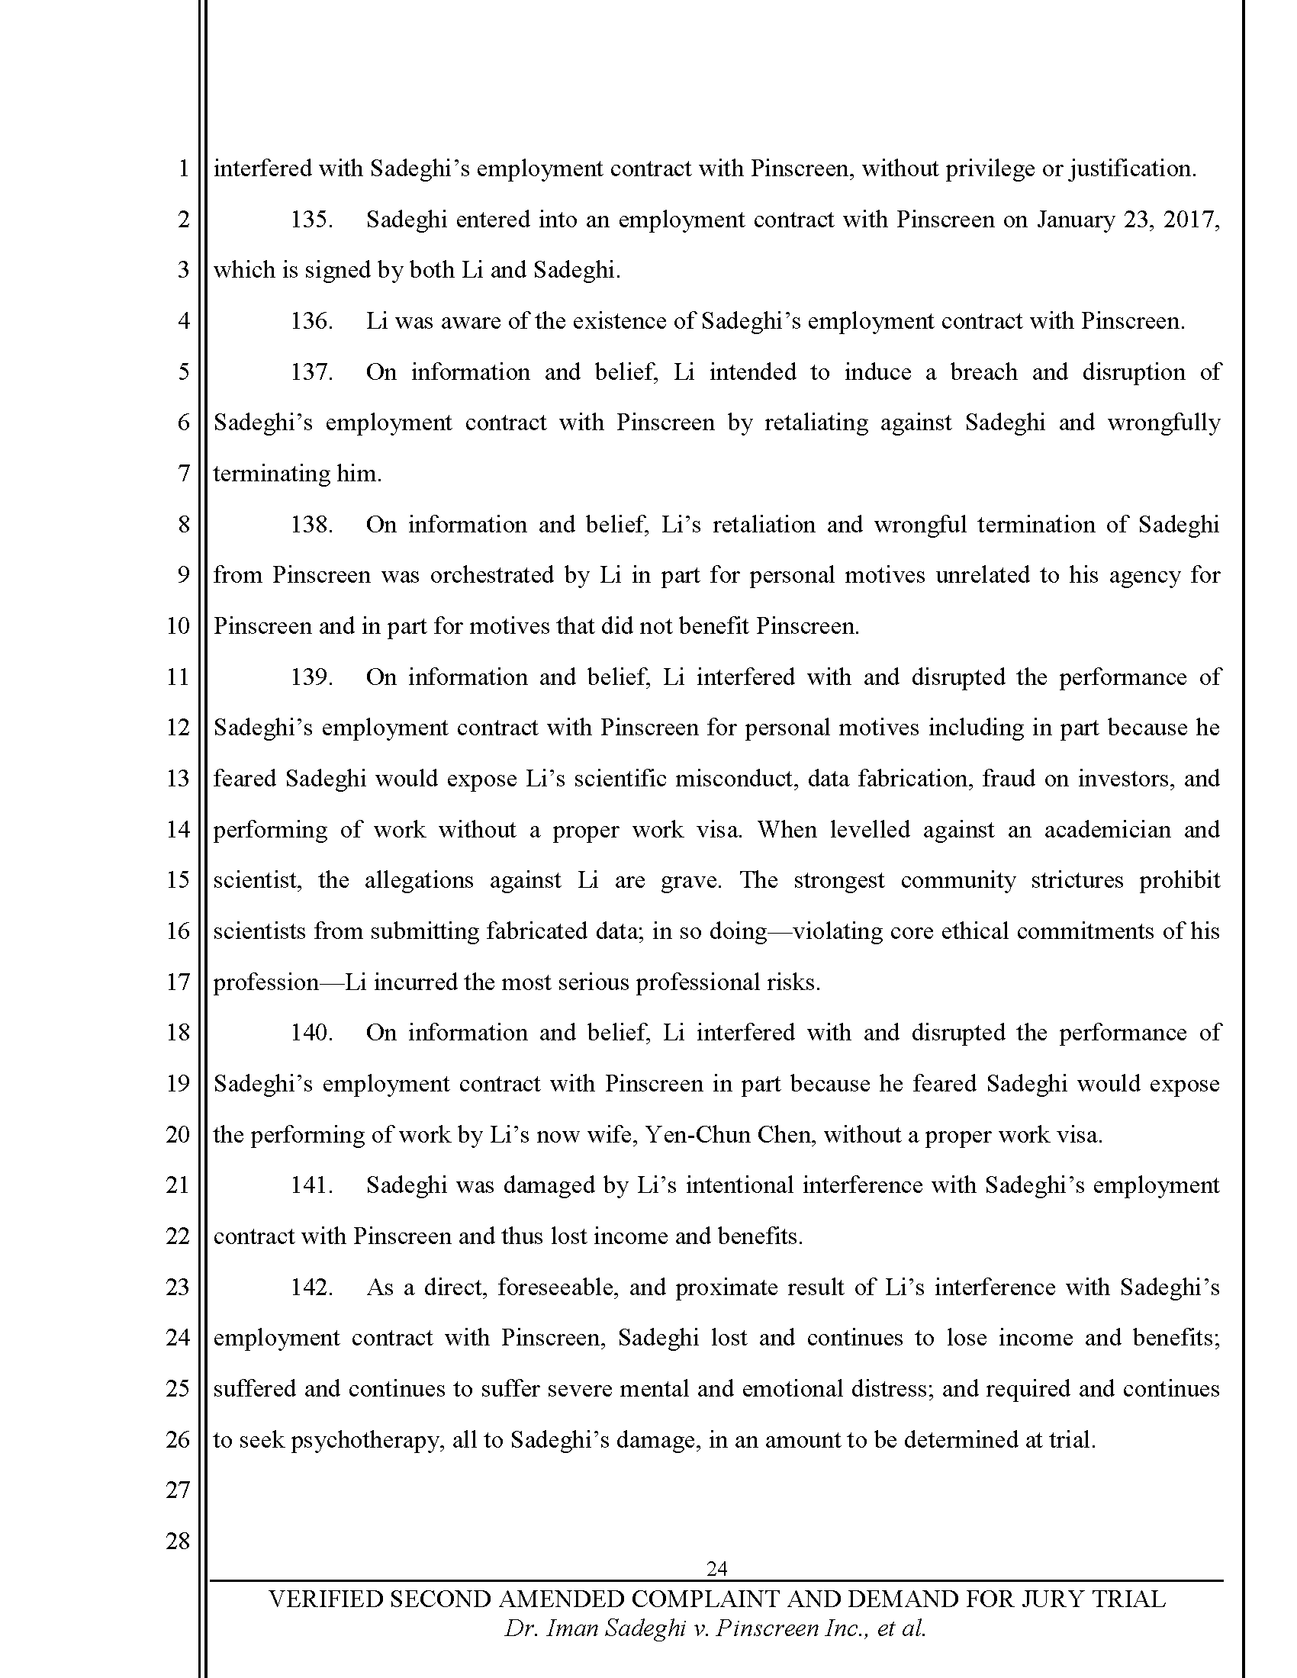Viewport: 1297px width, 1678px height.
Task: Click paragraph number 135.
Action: (x=311, y=220)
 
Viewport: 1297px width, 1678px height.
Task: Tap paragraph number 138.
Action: (x=311, y=525)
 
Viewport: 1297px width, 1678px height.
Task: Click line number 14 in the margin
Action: (x=178, y=830)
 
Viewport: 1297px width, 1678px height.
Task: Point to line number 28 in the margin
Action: (x=178, y=1541)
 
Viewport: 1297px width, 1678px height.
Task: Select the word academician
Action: (x=1106, y=830)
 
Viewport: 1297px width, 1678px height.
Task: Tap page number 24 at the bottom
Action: (x=716, y=1568)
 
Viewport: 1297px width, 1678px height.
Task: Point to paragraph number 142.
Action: (x=311, y=1287)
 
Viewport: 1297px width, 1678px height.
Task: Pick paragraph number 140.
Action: (x=311, y=1033)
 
